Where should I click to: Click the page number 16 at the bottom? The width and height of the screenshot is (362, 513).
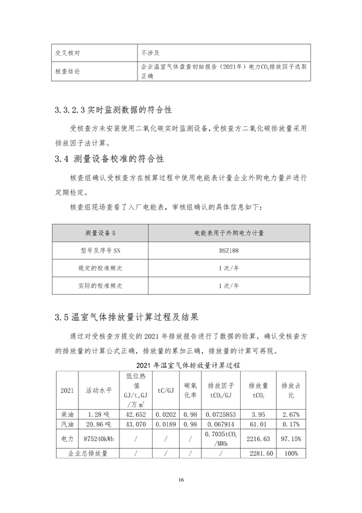180,480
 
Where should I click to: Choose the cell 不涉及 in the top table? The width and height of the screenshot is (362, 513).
150,52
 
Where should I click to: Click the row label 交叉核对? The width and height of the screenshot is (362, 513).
68,52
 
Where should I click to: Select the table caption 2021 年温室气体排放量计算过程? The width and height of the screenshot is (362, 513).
180,366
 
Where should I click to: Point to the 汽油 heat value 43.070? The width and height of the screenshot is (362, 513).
136,425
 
